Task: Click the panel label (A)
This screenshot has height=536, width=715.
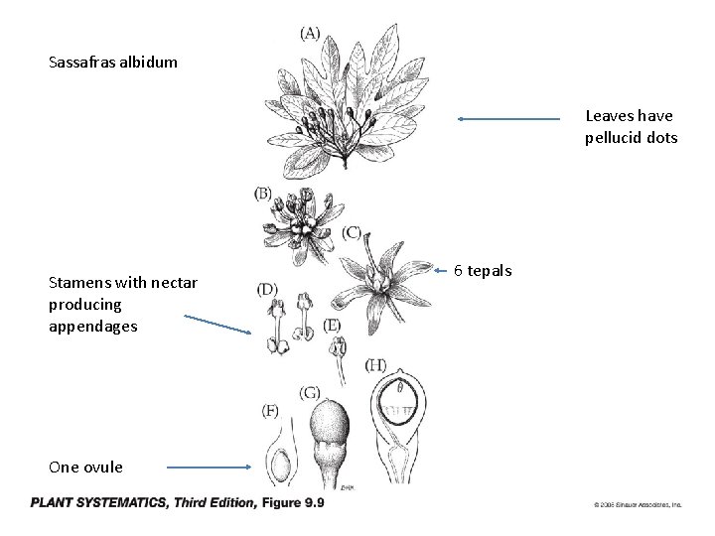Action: click(310, 33)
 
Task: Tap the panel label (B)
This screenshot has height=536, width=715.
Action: click(263, 193)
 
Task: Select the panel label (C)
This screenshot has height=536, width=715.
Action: click(352, 232)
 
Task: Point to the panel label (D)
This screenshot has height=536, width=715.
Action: click(267, 289)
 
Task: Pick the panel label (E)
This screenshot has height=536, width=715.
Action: click(333, 325)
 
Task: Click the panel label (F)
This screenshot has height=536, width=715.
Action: click(270, 410)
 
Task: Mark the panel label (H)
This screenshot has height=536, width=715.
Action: click(375, 364)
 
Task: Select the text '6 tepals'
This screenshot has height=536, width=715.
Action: click(484, 269)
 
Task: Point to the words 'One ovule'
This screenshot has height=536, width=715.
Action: click(85, 467)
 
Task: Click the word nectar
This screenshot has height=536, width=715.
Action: click(176, 284)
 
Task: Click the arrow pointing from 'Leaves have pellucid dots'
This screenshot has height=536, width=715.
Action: click(508, 119)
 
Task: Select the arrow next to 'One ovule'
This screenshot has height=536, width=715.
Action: click(209, 467)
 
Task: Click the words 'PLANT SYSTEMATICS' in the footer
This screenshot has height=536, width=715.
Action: click(98, 503)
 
